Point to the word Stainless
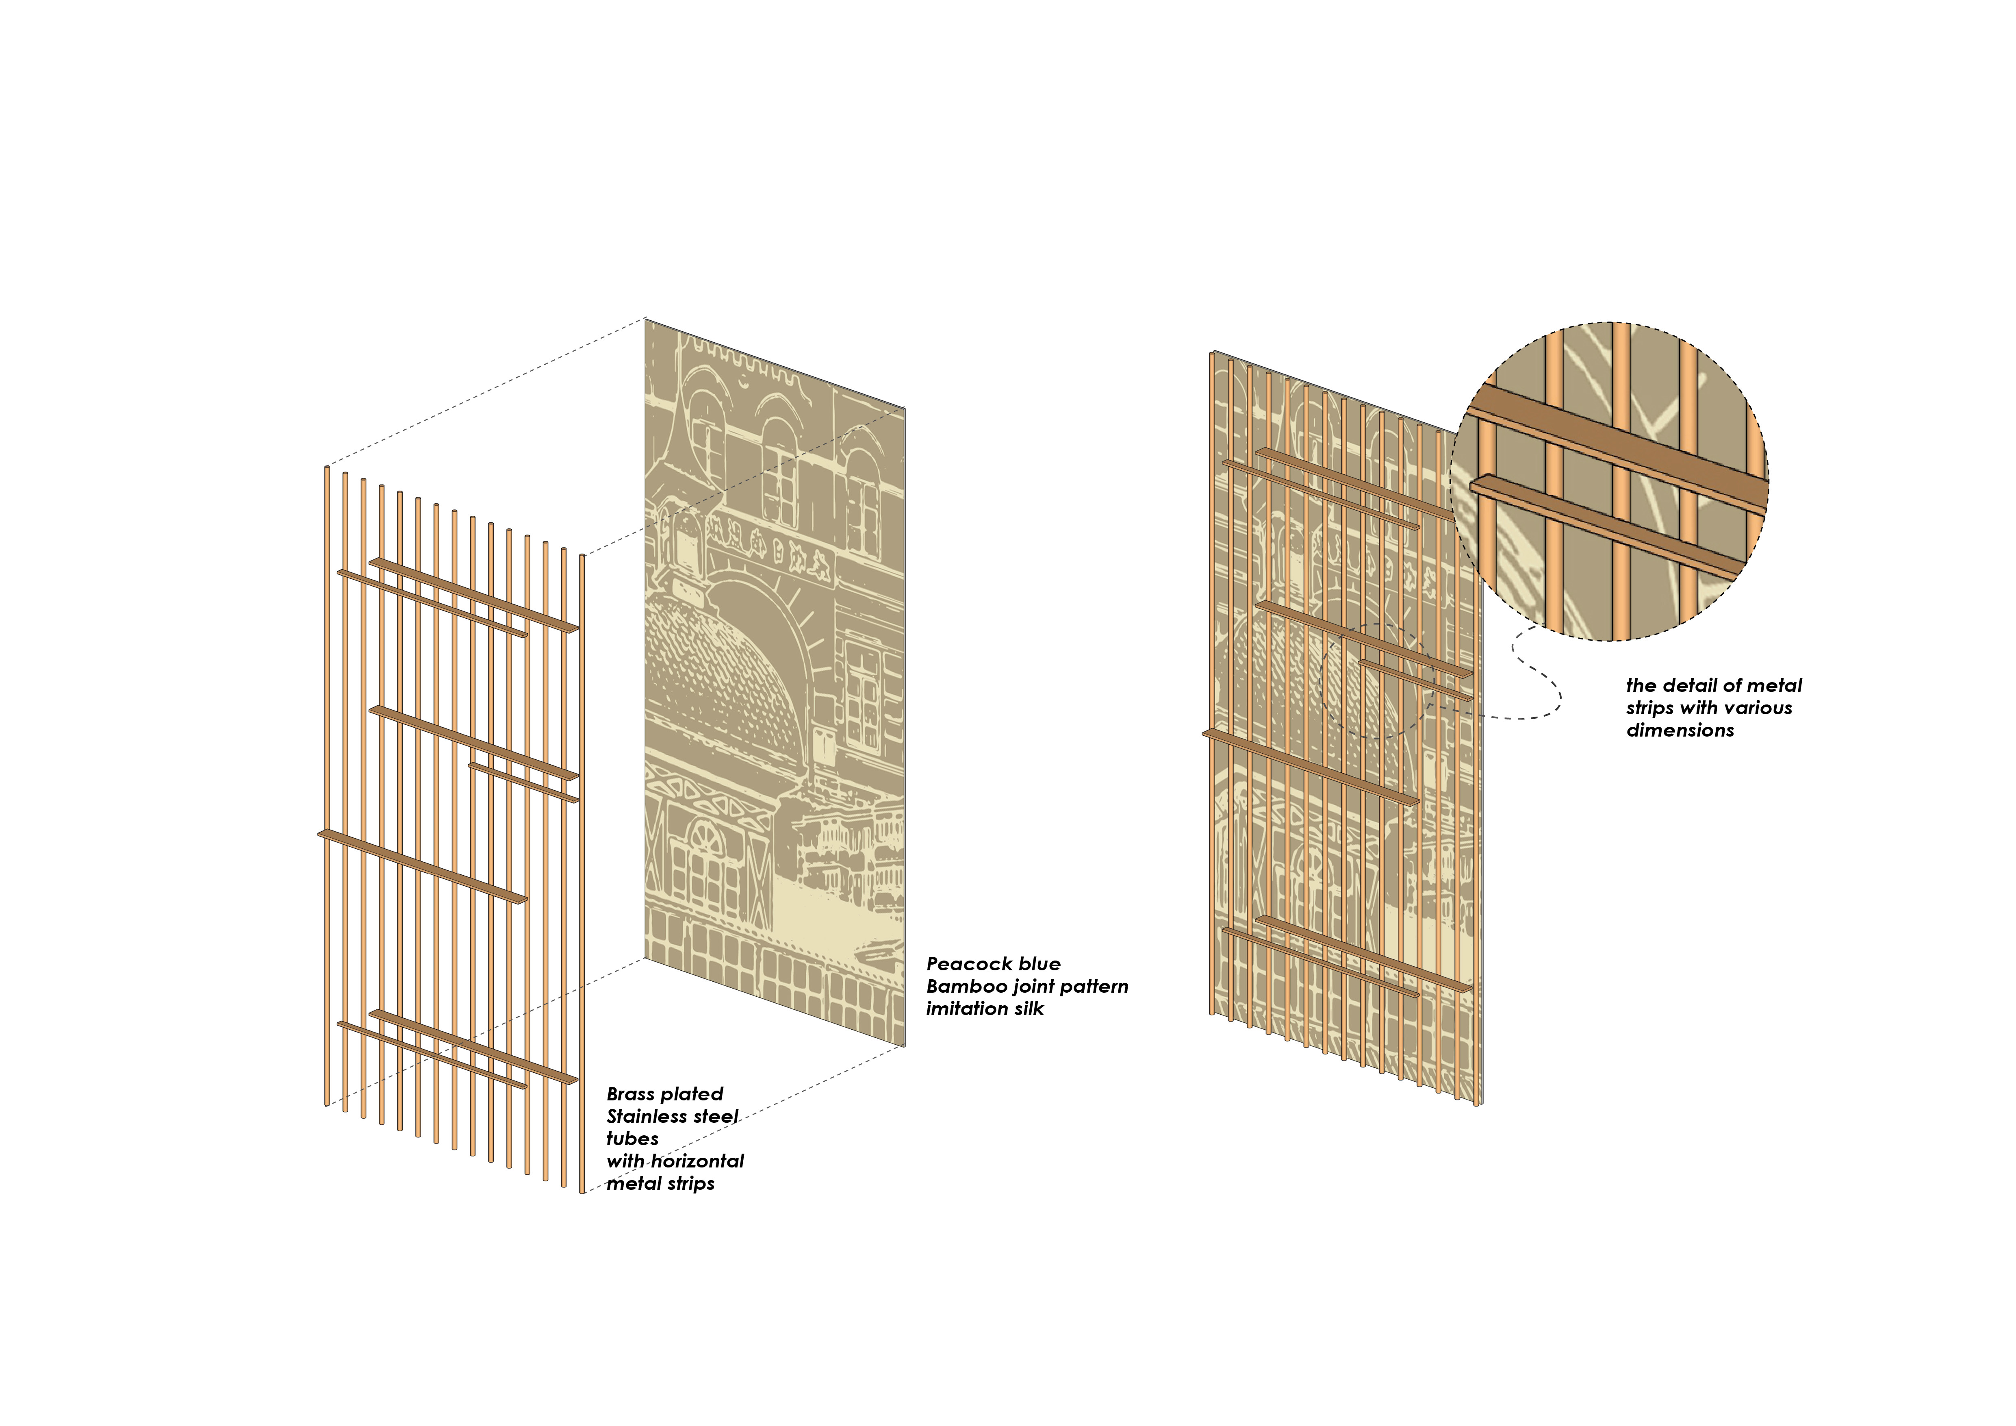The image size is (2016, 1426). click(645, 1117)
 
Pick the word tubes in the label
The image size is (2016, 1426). click(632, 1139)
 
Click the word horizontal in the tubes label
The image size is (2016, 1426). click(698, 1161)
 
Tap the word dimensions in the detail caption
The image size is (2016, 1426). click(1680, 730)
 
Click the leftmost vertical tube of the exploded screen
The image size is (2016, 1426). click(327, 786)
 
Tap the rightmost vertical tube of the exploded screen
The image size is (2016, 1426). click(582, 874)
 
